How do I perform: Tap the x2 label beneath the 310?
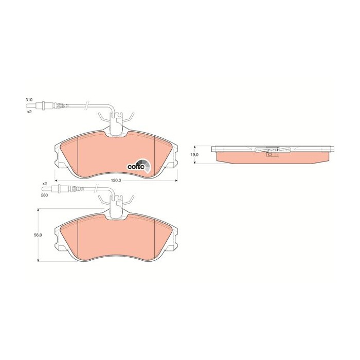[x=29, y=111]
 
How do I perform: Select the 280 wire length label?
[x=44, y=195]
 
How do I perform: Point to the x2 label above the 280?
[x=44, y=184]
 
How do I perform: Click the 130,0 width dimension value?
[x=116, y=181]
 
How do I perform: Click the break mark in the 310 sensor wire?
[x=88, y=106]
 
